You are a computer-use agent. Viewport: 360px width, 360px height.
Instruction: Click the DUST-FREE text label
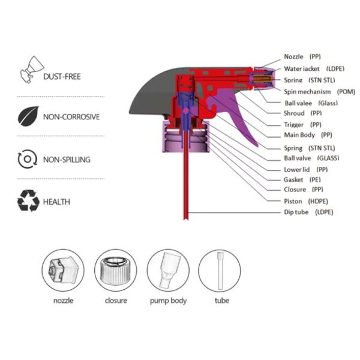(62, 77)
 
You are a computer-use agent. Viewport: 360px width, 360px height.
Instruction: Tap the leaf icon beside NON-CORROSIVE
(28, 116)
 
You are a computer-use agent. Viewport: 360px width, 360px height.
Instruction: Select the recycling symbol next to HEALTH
(28, 202)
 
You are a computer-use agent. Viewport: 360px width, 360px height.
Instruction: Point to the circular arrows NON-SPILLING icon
(28, 159)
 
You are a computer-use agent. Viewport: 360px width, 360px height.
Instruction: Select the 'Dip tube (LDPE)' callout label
(308, 212)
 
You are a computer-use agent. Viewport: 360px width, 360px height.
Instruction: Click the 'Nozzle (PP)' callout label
(303, 56)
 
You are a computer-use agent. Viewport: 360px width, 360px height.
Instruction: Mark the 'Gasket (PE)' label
(303, 179)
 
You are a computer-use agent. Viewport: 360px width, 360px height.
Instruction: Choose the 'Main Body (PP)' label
(308, 135)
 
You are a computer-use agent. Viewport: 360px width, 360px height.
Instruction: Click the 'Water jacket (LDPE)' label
(310, 69)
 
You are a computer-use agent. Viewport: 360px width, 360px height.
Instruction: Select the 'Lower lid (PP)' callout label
(305, 169)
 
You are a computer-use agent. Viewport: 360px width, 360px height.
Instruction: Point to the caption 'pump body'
(168, 301)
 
